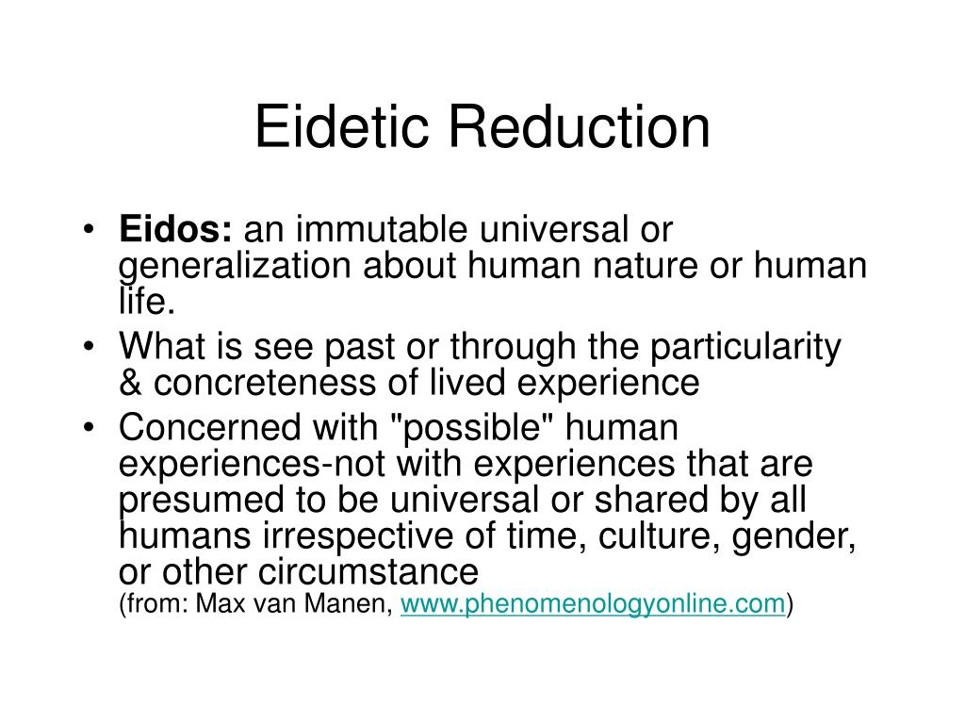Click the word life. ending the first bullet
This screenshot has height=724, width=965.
[x=147, y=301]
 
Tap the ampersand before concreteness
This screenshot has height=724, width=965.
[x=130, y=385]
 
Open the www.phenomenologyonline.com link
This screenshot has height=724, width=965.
[x=594, y=604]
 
